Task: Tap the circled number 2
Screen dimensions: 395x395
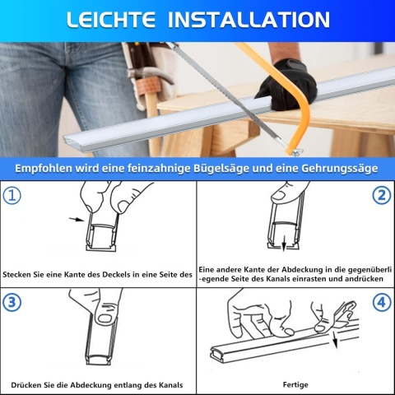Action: (x=380, y=196)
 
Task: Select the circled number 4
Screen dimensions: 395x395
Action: (x=380, y=301)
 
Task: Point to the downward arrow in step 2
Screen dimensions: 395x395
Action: (x=284, y=244)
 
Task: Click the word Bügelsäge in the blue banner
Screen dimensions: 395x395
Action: (x=238, y=168)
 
